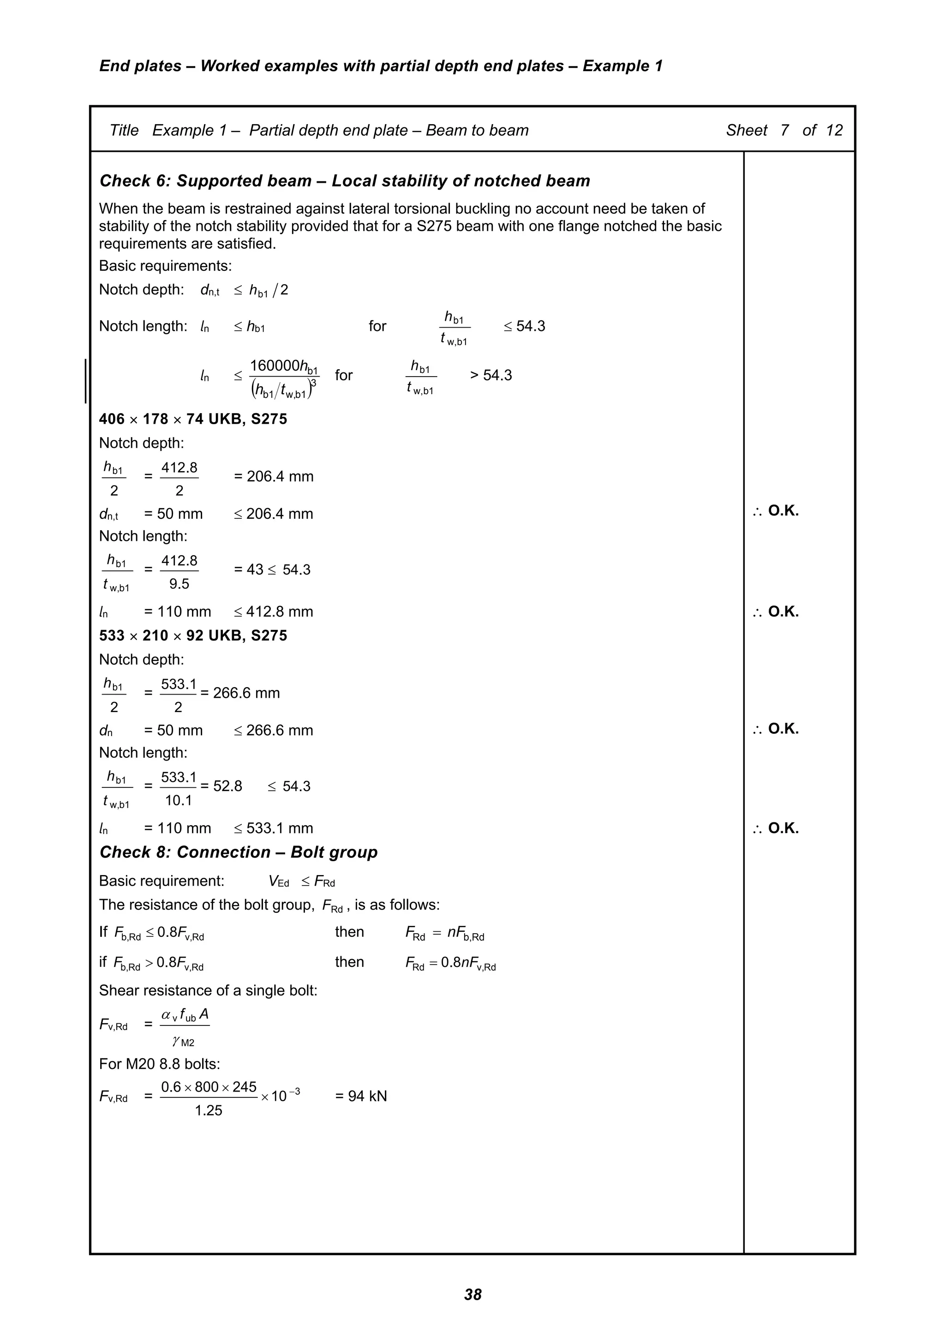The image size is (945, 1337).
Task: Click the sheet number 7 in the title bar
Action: pos(784,131)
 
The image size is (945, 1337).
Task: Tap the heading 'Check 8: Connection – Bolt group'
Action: pos(238,852)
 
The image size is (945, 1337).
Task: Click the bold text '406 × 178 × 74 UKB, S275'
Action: pos(193,419)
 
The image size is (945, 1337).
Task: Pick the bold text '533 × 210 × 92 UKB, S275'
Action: pos(193,636)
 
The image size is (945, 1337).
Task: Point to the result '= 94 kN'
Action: pos(361,1097)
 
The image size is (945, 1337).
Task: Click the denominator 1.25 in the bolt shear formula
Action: pos(209,1110)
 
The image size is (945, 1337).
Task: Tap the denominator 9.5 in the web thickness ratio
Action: pos(179,584)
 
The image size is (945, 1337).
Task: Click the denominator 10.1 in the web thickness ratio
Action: pos(178,801)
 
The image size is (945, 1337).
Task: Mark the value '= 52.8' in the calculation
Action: pos(221,786)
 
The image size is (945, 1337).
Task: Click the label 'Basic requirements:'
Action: pos(165,266)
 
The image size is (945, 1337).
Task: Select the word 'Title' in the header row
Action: pos(124,131)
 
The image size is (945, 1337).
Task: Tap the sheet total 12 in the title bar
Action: pos(834,131)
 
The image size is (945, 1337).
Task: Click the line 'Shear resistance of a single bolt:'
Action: pos(208,990)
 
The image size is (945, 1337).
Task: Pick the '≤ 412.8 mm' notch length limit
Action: pos(274,612)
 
